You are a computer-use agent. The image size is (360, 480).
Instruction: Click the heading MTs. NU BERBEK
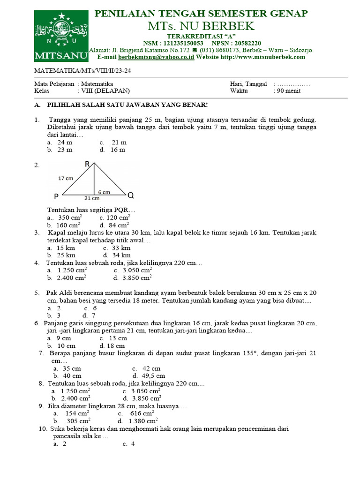201,25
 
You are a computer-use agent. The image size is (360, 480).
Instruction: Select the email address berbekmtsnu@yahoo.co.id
156,57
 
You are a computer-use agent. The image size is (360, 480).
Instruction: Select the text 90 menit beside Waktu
289,91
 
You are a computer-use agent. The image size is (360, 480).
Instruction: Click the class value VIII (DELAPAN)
105,91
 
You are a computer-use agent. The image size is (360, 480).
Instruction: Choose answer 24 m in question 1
64,142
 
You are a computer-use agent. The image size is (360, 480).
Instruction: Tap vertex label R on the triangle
87,164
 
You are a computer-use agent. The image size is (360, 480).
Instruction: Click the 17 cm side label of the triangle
66,178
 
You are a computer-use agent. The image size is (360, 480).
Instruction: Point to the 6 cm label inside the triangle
104,192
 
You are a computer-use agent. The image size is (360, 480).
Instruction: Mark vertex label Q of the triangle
131,195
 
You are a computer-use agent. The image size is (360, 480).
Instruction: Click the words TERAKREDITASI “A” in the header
201,36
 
